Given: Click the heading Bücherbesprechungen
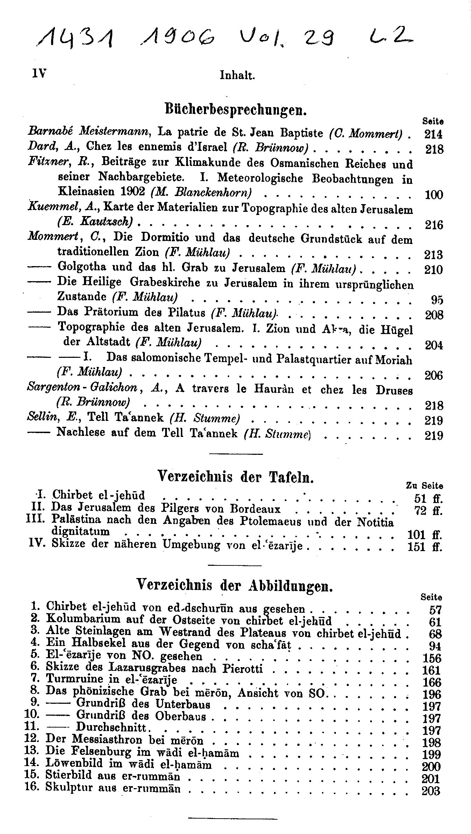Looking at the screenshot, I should pos(235,109).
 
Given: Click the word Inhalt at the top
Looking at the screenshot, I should pos(237,75).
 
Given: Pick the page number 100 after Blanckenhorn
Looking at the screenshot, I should pos(434,194).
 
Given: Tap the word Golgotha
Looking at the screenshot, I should pos(82,267).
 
